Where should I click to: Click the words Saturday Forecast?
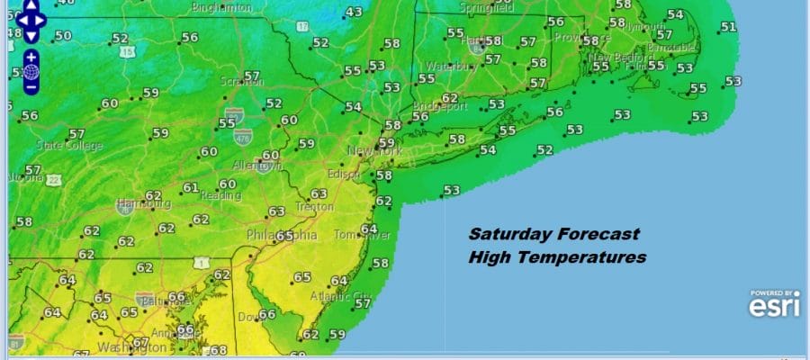pyautogui.click(x=553, y=234)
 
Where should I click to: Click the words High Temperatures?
pyautogui.click(x=557, y=257)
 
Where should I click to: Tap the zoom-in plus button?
pyautogui.click(x=31, y=55)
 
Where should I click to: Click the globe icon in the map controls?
pyautogui.click(x=31, y=71)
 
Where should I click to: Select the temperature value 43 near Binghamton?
pyautogui.click(x=354, y=12)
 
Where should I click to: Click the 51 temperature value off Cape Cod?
pyautogui.click(x=728, y=27)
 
